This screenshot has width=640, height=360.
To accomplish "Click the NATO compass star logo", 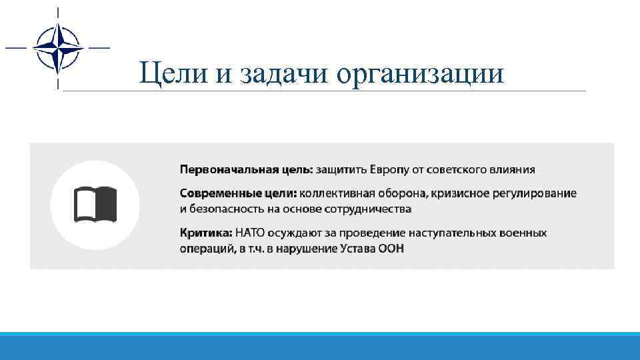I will pyautogui.click(x=58, y=48).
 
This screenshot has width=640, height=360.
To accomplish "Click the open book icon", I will pyautogui.click(x=95, y=204).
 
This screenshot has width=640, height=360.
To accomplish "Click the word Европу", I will pyautogui.click(x=391, y=169).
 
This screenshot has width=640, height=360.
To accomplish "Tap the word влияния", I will pyautogui.click(x=513, y=169).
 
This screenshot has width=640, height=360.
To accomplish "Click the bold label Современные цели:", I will pyautogui.click(x=238, y=193).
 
